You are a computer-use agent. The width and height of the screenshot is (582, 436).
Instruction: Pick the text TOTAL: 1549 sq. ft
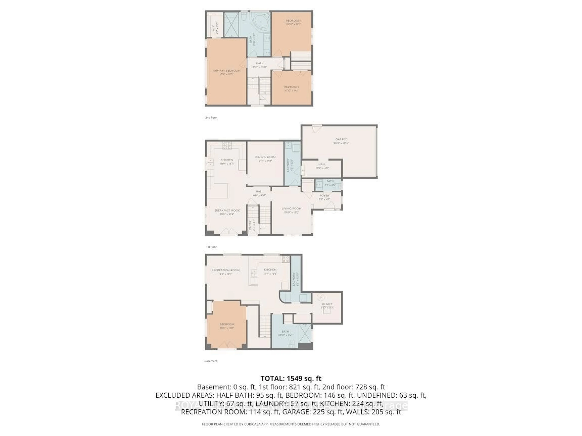click(291, 378)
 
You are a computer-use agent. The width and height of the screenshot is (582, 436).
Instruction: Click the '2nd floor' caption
click(211, 117)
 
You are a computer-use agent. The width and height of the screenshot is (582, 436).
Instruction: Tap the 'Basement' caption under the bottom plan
click(211, 361)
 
